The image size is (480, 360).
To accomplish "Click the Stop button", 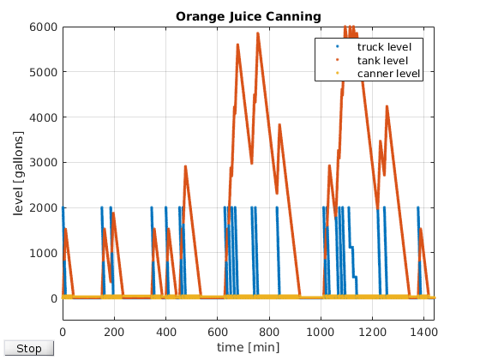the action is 29,348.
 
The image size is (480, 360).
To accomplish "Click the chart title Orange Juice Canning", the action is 249,16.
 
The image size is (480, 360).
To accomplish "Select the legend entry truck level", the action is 384,47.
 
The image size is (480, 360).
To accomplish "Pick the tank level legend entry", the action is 382,60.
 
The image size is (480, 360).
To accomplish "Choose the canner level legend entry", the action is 388,74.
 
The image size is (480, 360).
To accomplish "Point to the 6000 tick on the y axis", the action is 44,27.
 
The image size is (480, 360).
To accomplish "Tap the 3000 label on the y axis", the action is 44,163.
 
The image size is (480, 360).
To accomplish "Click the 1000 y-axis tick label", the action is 44,253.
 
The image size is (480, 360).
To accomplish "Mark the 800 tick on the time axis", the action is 269,332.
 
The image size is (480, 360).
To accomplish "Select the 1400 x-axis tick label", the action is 423,332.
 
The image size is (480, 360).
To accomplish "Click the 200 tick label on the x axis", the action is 114,332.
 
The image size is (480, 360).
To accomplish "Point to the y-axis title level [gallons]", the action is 18,173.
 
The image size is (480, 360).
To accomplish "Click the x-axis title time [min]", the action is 249,347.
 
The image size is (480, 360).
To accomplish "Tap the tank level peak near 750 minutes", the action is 258,33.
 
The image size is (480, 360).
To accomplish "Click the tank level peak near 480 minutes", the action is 185,166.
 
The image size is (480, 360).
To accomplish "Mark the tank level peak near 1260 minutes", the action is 387,106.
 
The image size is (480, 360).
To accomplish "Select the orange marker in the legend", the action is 338,60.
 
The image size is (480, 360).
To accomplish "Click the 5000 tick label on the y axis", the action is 44,73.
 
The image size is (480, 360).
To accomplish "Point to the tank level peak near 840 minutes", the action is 279,124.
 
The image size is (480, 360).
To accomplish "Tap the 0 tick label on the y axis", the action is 54,298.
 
